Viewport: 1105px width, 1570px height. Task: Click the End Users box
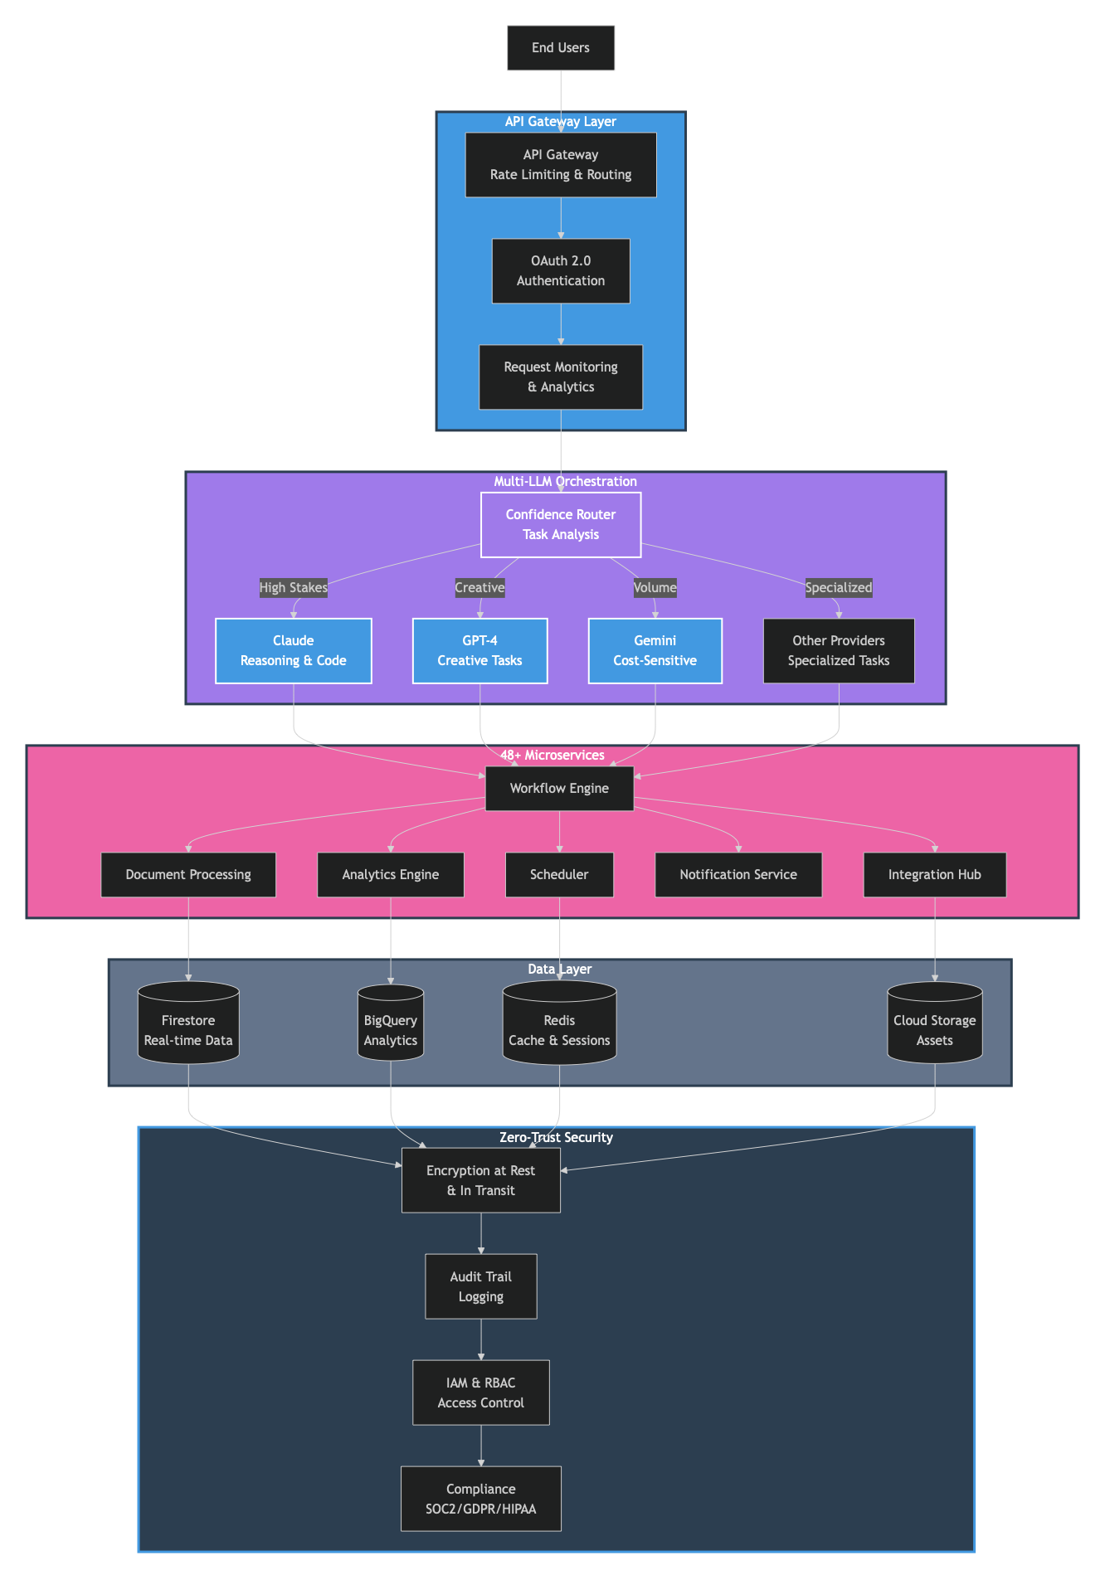(561, 48)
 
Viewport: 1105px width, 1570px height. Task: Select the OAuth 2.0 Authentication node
(561, 271)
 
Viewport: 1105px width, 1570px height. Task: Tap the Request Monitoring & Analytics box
(561, 377)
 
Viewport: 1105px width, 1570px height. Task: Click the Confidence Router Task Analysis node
(561, 525)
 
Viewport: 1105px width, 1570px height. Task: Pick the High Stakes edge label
(294, 587)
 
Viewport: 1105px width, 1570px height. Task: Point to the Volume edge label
(655, 587)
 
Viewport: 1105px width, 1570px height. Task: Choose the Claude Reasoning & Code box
(294, 651)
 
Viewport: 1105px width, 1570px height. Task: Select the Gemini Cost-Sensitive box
(655, 651)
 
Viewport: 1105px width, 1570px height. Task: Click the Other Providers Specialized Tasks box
(839, 651)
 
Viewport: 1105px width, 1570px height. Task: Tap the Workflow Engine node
(559, 789)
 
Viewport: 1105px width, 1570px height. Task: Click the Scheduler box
(559, 875)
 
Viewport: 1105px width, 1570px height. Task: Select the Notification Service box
(738, 875)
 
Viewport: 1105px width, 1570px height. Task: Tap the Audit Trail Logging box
(481, 1286)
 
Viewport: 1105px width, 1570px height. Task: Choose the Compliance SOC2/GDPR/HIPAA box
(481, 1499)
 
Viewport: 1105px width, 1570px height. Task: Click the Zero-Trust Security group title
(556, 1138)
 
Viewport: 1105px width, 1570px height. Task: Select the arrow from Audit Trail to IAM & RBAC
(481, 1339)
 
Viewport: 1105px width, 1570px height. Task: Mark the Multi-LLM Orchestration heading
(565, 482)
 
